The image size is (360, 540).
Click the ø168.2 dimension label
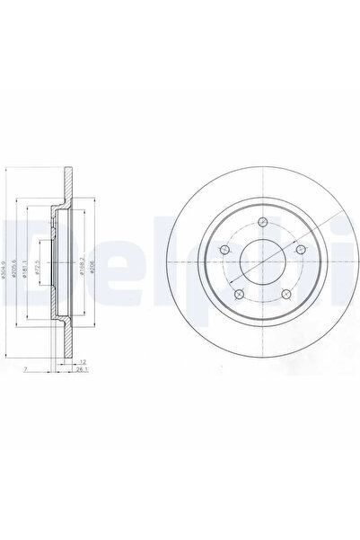(x=83, y=267)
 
